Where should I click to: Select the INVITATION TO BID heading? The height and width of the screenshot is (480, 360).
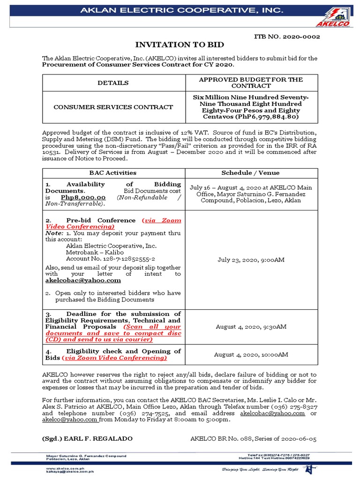(x=180, y=45)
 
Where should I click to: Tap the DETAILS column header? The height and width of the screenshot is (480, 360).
(x=113, y=83)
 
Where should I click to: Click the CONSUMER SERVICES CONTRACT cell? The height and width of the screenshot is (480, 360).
(x=113, y=107)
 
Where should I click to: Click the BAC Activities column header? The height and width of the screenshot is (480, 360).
(x=113, y=173)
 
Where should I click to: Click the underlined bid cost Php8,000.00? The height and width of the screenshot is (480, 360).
(x=83, y=197)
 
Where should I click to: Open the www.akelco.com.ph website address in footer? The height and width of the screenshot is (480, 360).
(x=62, y=468)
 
